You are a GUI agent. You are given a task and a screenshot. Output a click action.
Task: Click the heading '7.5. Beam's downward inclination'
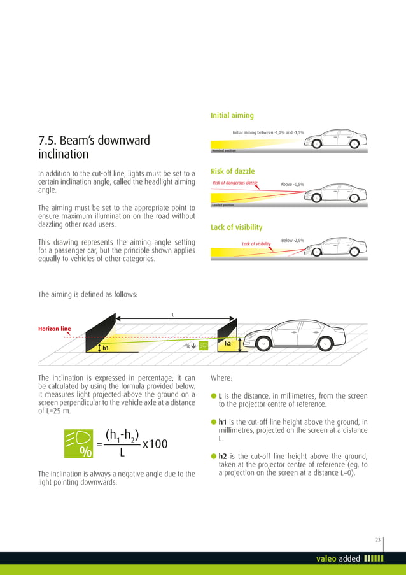click(94, 147)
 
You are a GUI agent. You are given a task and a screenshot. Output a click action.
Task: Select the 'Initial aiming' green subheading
click(232, 115)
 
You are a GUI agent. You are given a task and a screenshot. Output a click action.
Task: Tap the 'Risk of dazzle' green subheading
click(232, 171)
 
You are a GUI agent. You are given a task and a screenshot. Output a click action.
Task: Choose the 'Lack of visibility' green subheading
click(236, 227)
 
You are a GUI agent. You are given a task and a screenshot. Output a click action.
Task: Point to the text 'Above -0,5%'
click(292, 185)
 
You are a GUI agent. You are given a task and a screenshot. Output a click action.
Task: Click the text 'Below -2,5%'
click(292, 240)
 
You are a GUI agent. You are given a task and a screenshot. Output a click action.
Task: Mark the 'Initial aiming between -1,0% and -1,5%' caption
click(268, 132)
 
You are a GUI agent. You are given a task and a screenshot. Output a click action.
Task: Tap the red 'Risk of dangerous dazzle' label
click(235, 183)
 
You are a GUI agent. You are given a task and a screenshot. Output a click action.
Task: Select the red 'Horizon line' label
click(55, 329)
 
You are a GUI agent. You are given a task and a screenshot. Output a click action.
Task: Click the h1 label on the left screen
click(106, 348)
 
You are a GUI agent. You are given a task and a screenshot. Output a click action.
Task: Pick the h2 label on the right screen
click(228, 344)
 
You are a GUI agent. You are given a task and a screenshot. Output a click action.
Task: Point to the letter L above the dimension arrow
click(172, 314)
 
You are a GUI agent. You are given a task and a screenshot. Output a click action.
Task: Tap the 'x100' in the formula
click(155, 444)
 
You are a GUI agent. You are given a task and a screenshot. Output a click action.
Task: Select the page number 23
click(377, 540)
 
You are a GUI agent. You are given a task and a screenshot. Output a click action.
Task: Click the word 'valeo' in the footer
click(326, 559)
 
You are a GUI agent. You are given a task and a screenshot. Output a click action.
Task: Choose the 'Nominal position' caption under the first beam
click(223, 150)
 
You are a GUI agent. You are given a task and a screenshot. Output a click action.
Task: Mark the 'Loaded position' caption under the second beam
click(223, 205)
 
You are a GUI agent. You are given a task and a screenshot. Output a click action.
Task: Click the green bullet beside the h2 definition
click(213, 457)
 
